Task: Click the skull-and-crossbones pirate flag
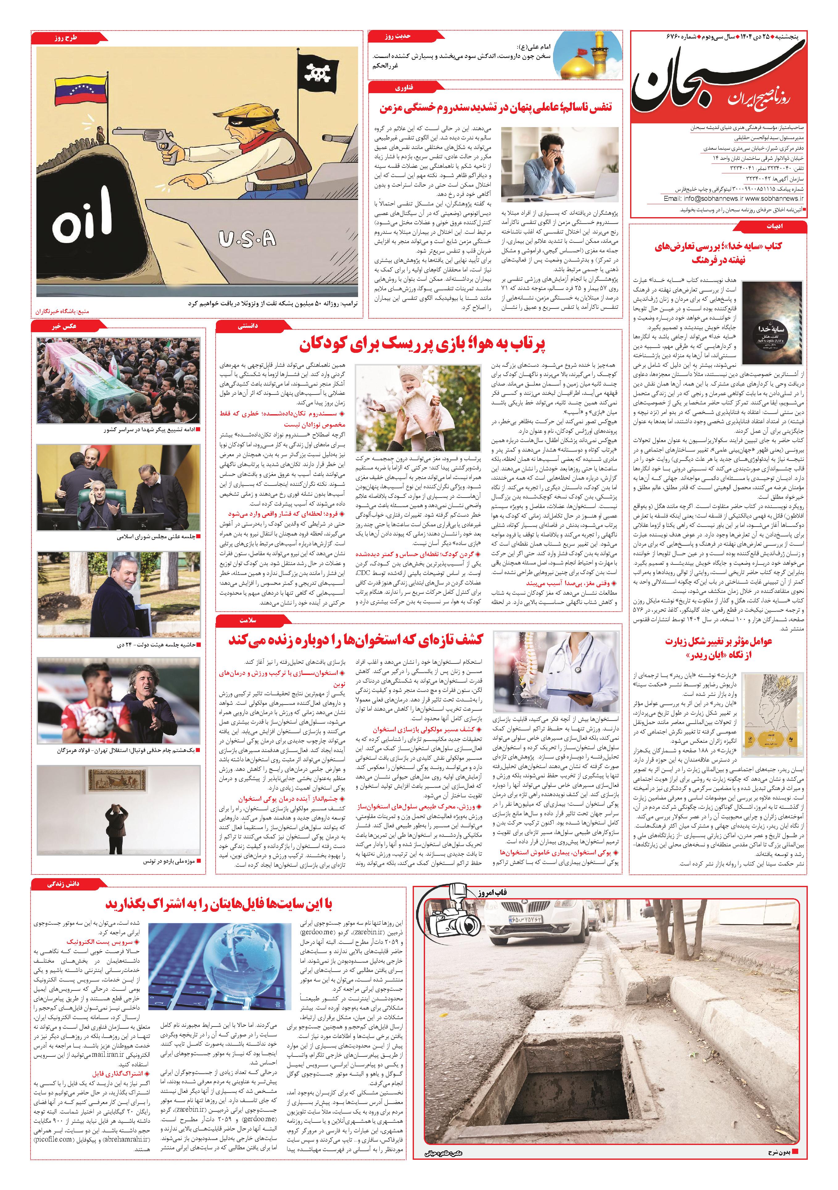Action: pyautogui.click(x=315, y=73)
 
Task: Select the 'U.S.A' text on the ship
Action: pyautogui.click(x=247, y=239)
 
